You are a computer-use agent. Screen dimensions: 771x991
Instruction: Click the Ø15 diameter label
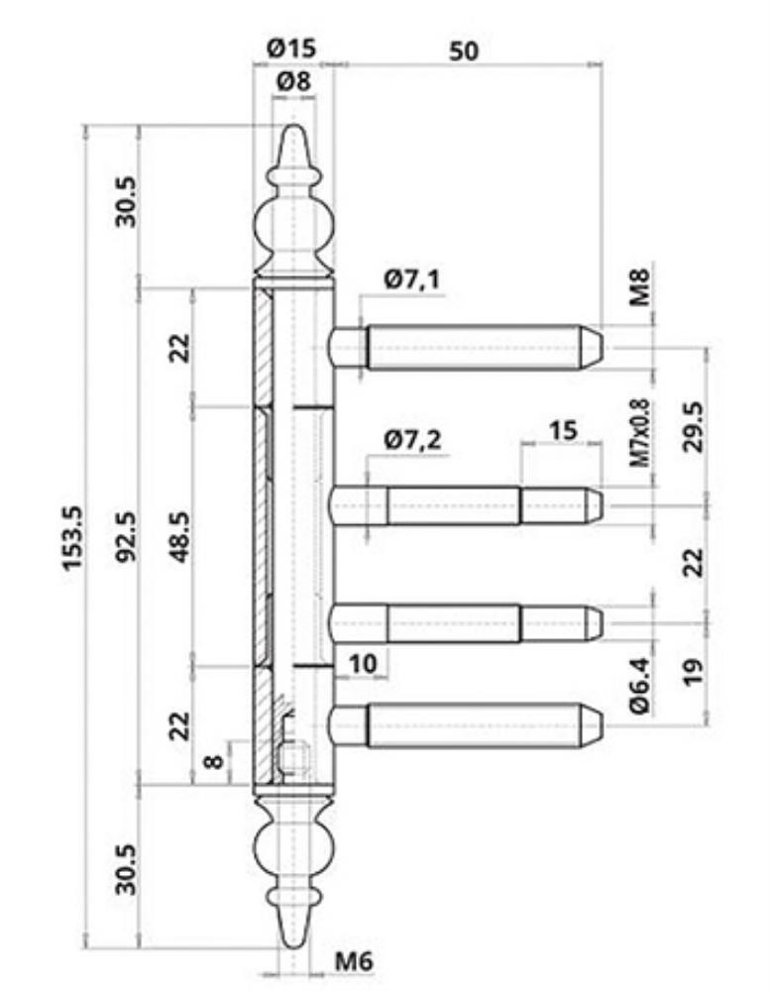[x=291, y=49]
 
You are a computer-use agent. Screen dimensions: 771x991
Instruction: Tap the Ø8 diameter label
[x=294, y=81]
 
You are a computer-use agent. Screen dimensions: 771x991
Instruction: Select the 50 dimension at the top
[x=464, y=52]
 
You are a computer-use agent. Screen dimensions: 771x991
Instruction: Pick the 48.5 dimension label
[x=180, y=536]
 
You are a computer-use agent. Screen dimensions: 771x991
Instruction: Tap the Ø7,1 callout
[x=412, y=278]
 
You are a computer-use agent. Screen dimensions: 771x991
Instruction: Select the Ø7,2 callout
[x=412, y=439]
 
